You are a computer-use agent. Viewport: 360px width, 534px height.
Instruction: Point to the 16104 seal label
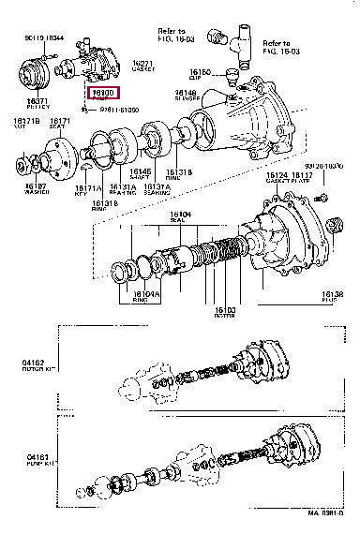tap(179, 215)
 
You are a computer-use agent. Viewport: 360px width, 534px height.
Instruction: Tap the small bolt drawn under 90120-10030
tap(322, 197)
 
